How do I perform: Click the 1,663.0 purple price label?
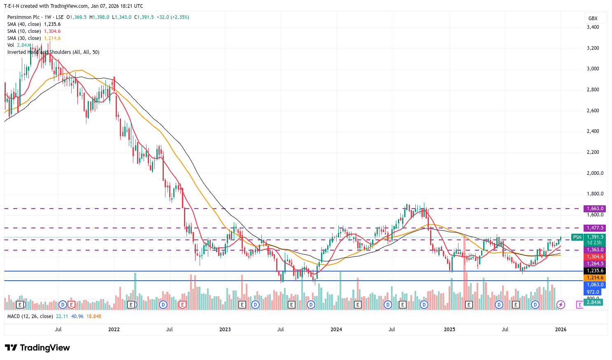tap(595, 209)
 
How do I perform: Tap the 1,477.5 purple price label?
tap(595, 228)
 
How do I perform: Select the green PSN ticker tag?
tap(577, 237)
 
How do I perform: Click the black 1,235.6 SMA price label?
tap(595, 271)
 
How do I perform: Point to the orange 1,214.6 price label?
tap(595, 278)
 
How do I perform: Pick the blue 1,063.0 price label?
tap(595, 285)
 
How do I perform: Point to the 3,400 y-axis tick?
tap(593, 27)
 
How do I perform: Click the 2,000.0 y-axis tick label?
tap(595, 173)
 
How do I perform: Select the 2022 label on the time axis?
tap(114, 330)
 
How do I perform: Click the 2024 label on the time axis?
tap(336, 330)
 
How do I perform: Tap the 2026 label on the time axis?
tap(561, 330)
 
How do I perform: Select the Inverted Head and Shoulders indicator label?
tap(53, 52)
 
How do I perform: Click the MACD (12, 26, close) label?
tap(30, 316)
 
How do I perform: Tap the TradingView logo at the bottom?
tap(37, 348)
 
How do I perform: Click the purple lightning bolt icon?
tap(561, 305)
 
